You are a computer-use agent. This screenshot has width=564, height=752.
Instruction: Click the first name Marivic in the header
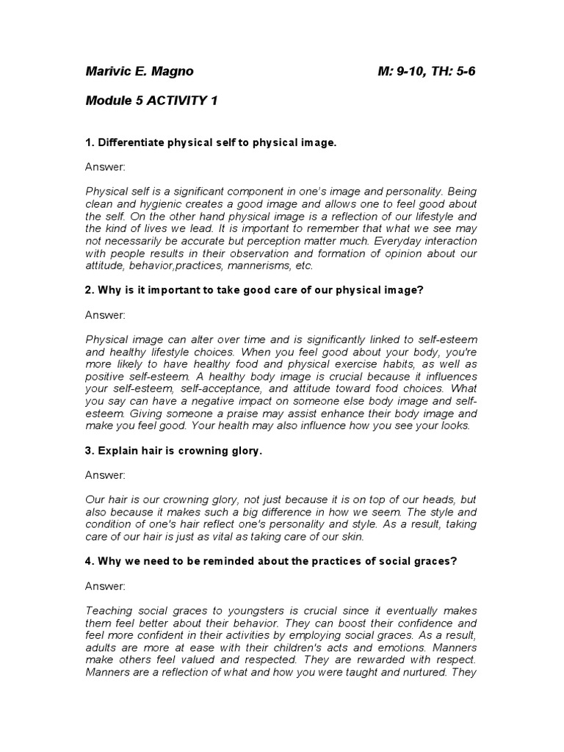pyautogui.click(x=109, y=73)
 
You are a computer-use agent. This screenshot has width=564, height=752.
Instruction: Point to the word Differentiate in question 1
pyautogui.click(x=131, y=142)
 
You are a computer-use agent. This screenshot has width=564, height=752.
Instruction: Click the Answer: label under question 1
pyautogui.click(x=105, y=167)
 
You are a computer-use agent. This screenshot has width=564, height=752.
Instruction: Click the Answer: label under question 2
pyautogui.click(x=105, y=315)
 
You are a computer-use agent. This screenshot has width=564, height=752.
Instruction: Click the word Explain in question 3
pyautogui.click(x=117, y=451)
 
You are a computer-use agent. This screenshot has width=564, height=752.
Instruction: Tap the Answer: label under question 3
pyautogui.click(x=105, y=475)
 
